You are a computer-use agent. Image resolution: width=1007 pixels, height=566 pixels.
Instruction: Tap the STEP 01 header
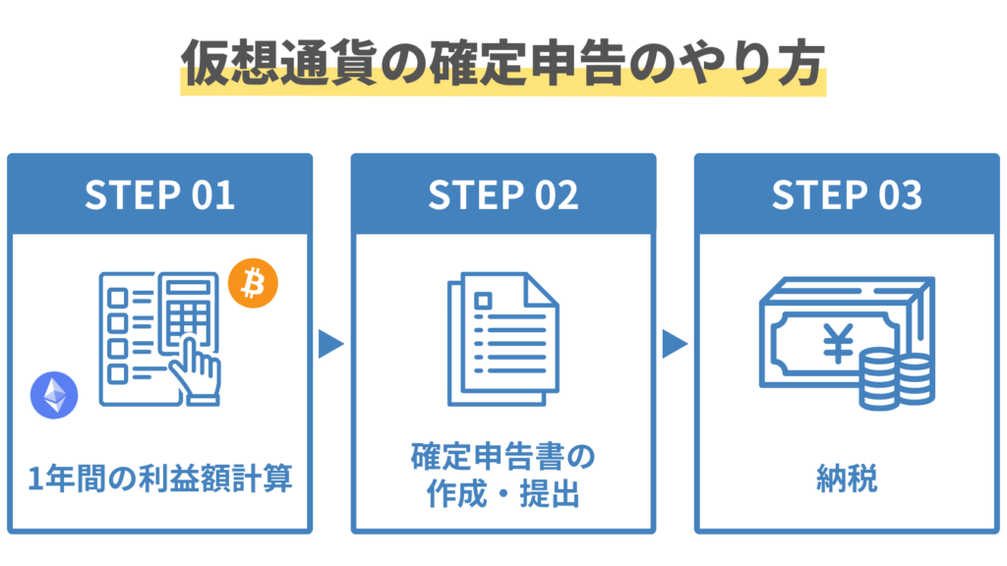pyautogui.click(x=159, y=195)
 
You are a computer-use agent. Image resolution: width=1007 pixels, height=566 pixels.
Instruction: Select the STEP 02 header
pyautogui.click(x=503, y=195)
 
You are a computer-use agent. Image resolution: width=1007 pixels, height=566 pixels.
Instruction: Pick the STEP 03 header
pyautogui.click(x=847, y=195)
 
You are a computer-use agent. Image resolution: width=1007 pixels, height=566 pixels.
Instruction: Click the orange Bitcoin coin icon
pyautogui.click(x=253, y=284)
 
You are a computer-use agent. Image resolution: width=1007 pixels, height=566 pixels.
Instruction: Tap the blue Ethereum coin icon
pyautogui.click(x=53, y=395)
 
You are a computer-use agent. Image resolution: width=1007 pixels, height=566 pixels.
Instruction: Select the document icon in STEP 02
pyautogui.click(x=502, y=340)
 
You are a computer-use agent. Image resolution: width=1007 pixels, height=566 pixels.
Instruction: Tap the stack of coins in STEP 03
pyautogui.click(x=895, y=378)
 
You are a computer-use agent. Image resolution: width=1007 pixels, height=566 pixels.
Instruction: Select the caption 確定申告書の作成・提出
pyautogui.click(x=503, y=477)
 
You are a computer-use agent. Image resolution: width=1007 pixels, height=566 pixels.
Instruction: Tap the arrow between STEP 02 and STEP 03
pyautogui.click(x=674, y=344)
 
